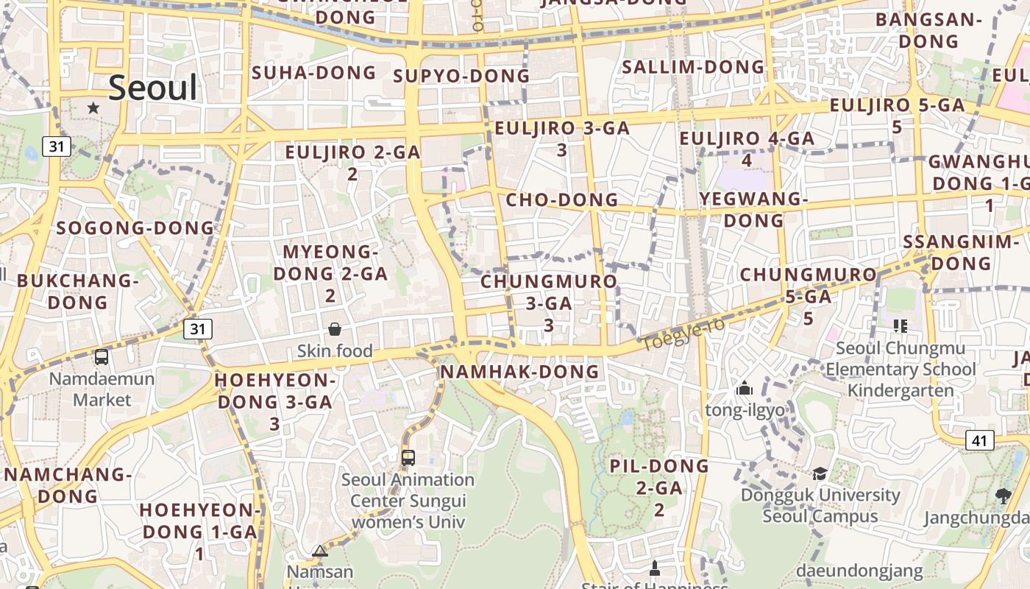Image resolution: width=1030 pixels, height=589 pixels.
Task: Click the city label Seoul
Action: point(153,88)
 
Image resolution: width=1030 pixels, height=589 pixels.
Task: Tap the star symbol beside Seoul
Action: point(93,108)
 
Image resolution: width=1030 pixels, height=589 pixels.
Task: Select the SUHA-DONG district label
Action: point(314,73)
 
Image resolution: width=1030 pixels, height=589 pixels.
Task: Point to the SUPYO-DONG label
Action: point(461,76)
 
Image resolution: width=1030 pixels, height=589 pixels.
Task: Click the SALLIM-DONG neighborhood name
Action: point(694,67)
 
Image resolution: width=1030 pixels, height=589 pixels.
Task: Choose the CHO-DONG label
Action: point(562,200)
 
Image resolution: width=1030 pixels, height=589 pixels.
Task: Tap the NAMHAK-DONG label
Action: point(519,372)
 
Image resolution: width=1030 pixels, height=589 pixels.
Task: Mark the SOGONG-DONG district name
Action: point(135,228)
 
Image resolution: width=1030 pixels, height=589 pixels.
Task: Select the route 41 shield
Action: point(979,440)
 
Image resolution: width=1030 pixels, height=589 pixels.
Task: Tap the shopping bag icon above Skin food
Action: point(335,328)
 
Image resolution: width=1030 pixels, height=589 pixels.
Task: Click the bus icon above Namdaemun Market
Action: point(102,357)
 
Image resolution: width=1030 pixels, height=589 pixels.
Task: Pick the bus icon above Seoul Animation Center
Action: point(408,457)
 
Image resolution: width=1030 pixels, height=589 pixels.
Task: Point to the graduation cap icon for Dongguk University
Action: point(820,473)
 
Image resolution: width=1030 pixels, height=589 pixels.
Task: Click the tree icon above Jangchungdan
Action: point(1002,495)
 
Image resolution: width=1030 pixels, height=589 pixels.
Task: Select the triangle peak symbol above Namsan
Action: point(319,551)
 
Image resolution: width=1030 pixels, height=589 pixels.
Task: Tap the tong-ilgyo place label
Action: point(745,410)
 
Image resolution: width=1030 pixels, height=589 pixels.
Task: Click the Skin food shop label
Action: point(335,351)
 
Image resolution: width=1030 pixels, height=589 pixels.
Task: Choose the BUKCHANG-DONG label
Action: point(78,291)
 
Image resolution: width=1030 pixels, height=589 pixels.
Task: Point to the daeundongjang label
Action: point(859,571)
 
